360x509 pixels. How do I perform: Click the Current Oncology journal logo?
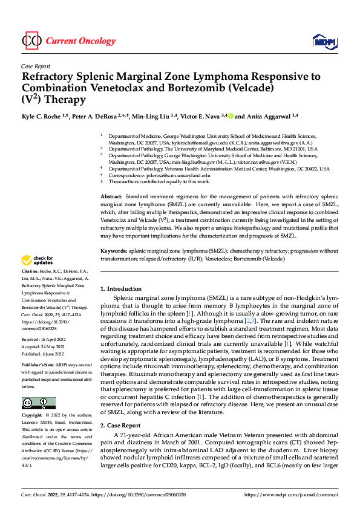[68, 41]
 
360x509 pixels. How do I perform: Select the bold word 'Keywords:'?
[113, 250]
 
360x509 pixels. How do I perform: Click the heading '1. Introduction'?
[121, 289]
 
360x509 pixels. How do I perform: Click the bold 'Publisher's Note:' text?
[39, 366]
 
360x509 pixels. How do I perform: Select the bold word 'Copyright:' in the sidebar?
[33, 416]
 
